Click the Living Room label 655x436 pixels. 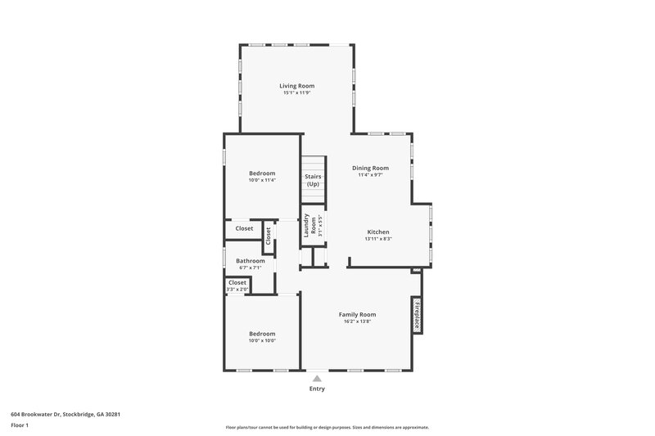(x=296, y=86)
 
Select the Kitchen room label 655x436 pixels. (x=377, y=232)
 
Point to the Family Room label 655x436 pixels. (x=357, y=314)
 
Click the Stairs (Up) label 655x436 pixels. (x=313, y=180)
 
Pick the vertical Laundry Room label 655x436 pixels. (x=310, y=225)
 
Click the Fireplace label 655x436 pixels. (x=416, y=314)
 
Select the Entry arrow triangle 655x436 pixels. (x=317, y=378)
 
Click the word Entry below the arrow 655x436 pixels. (x=317, y=389)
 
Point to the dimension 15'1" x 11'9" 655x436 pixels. (x=296, y=93)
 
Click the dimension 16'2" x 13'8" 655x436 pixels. (x=357, y=321)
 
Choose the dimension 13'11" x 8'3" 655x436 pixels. (x=377, y=240)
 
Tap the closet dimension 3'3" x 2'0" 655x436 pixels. (x=237, y=290)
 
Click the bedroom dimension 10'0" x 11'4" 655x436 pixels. (x=262, y=180)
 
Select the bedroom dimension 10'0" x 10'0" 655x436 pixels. (x=262, y=341)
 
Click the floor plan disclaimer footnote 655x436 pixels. (x=327, y=427)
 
